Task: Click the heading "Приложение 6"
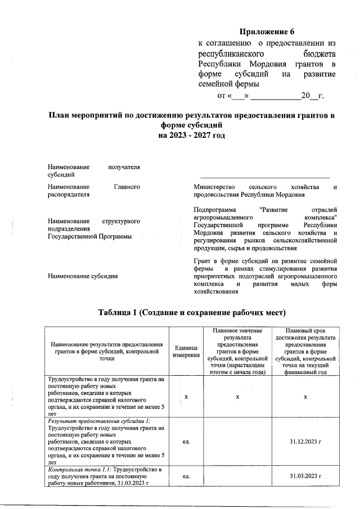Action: (x=267, y=31)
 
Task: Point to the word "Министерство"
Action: (x=213, y=186)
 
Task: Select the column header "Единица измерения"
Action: (x=186, y=352)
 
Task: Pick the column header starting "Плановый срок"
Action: (x=305, y=330)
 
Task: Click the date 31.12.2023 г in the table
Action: (x=305, y=442)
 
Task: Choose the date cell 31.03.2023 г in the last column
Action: (x=305, y=476)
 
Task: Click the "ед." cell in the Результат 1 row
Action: (x=186, y=442)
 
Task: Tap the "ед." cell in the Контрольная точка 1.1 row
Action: (x=186, y=476)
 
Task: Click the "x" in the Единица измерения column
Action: (x=186, y=397)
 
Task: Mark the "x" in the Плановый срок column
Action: (x=305, y=397)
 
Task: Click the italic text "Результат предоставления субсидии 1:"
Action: (x=99, y=421)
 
